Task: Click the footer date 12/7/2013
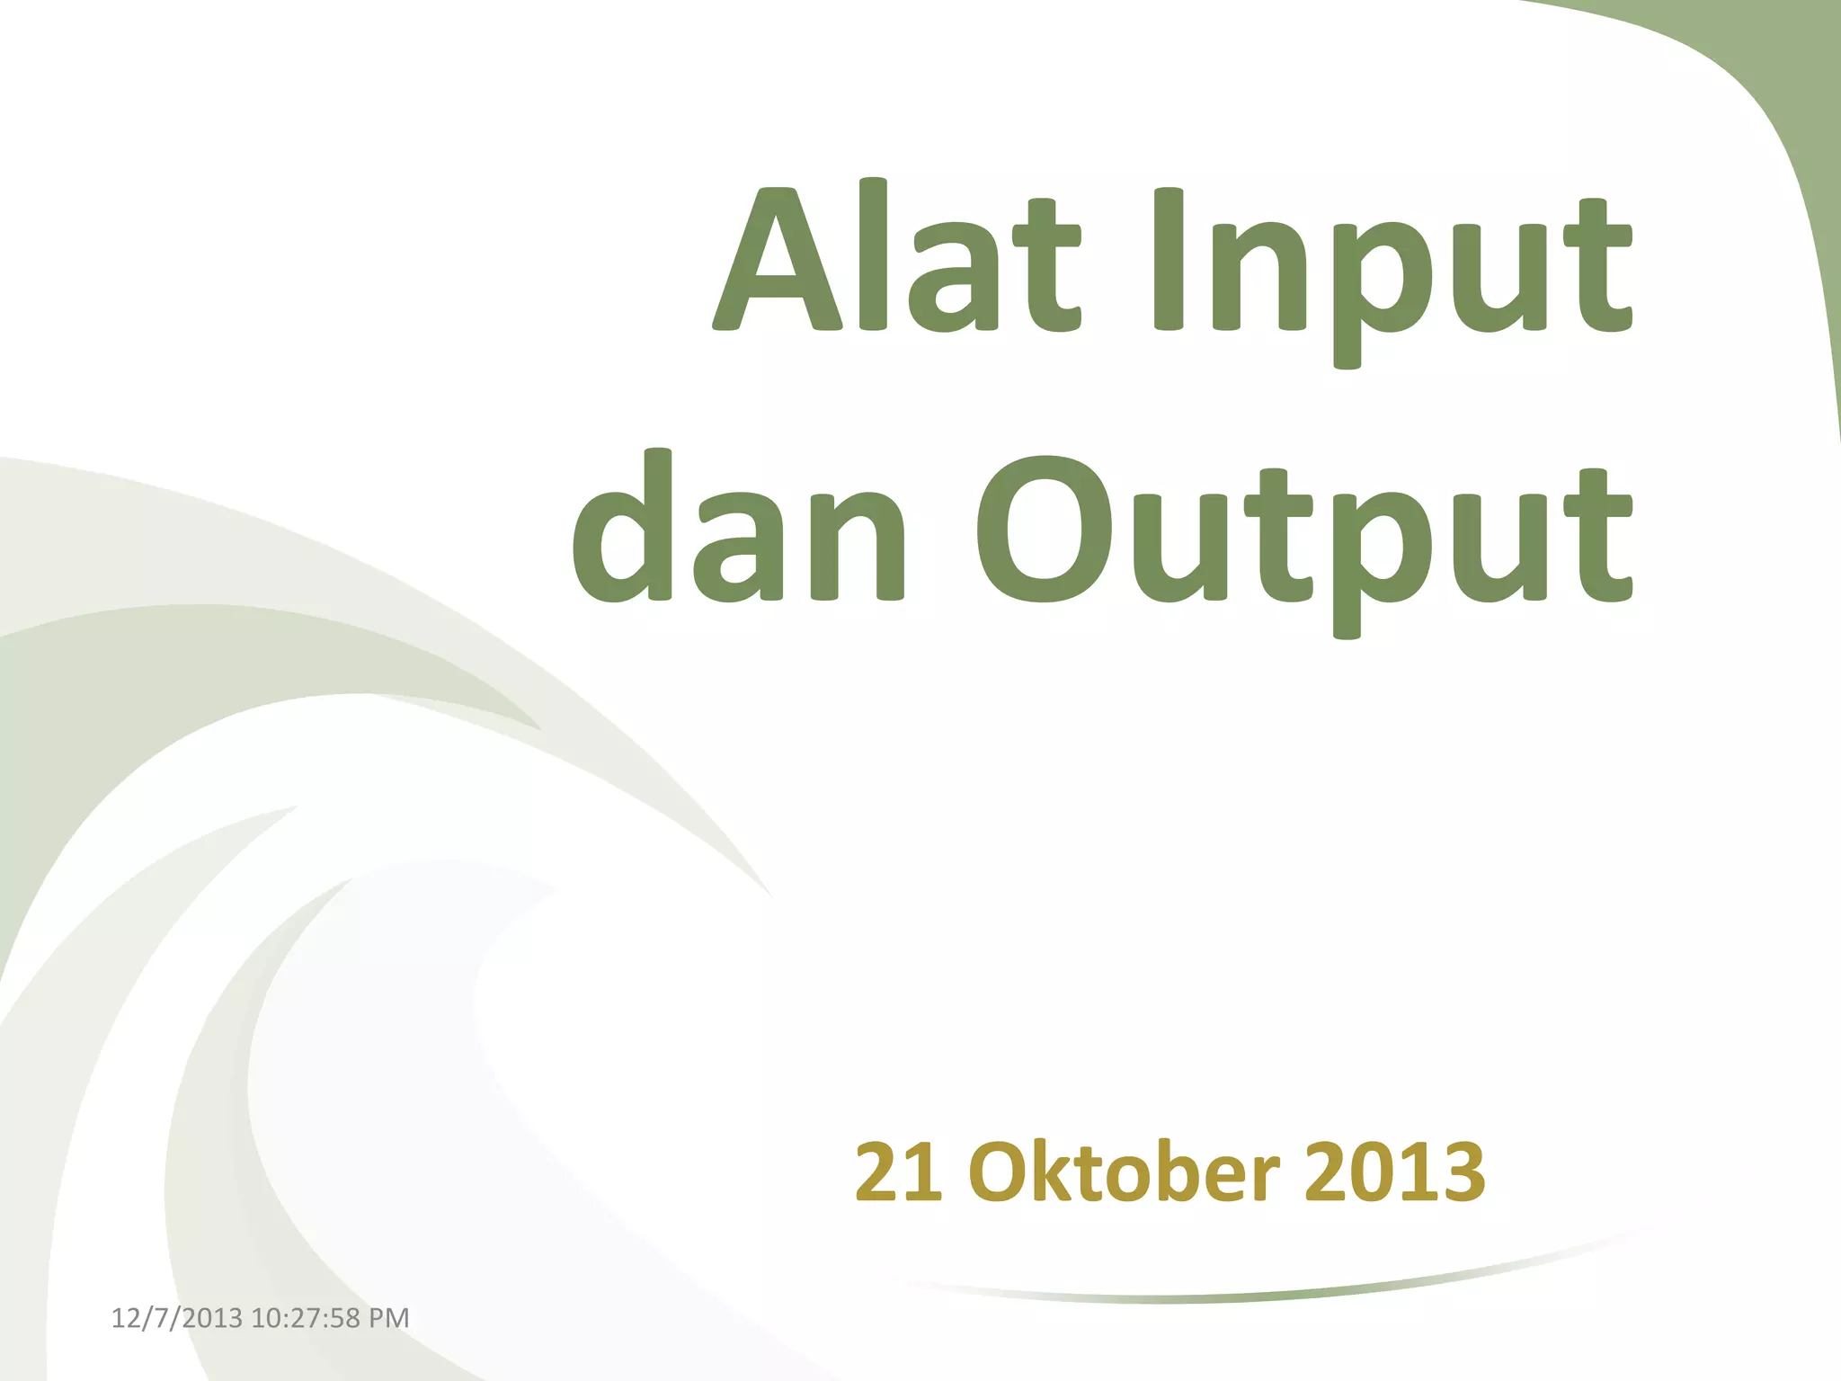point(176,1318)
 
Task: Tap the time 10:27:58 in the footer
point(305,1318)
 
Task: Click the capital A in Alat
point(778,261)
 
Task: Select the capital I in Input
point(1168,261)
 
